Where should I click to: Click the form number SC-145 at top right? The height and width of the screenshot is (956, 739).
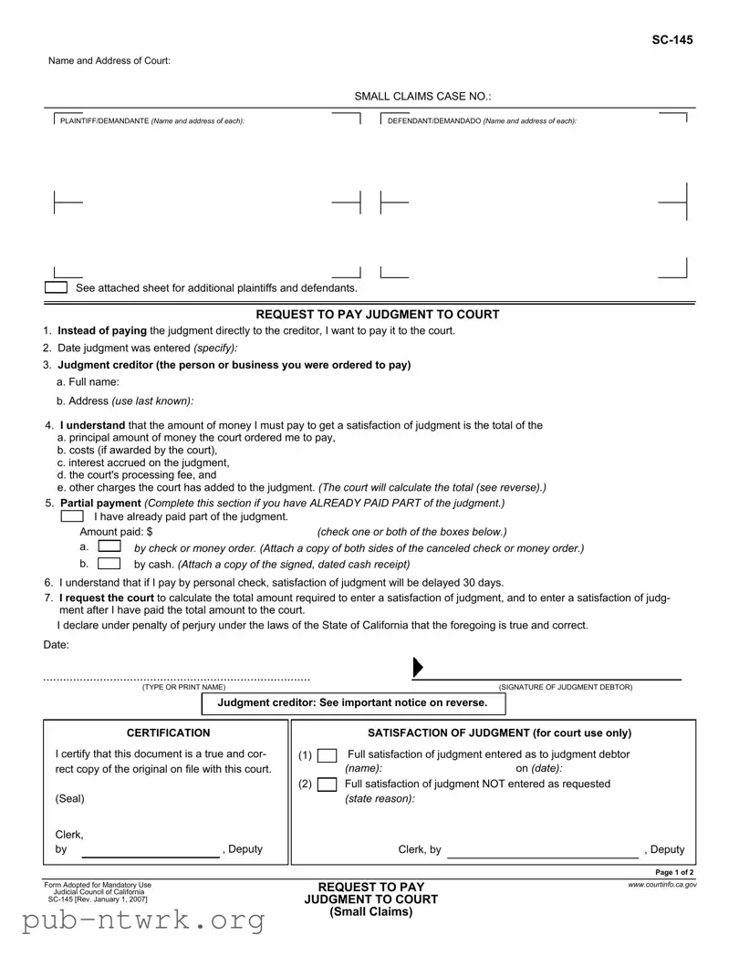point(671,40)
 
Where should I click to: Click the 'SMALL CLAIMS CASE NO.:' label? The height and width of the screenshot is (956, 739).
point(423,96)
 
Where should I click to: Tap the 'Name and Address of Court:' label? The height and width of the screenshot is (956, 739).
point(109,60)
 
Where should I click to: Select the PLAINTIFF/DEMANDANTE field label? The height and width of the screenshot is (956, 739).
point(151,121)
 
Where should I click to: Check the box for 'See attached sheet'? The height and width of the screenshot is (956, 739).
point(57,287)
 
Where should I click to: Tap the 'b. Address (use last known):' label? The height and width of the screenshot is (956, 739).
point(125,400)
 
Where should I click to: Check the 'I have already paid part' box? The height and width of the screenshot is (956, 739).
point(71,517)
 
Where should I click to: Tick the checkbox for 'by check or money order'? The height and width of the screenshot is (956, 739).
point(109,546)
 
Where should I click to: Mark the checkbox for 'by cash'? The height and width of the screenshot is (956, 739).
point(109,563)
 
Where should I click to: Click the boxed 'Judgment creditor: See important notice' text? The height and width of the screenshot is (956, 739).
point(352,702)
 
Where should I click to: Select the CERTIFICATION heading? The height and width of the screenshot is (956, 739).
point(168,733)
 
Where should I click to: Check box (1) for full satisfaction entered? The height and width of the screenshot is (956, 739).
point(327,755)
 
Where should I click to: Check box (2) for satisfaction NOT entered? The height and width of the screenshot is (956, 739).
point(327,785)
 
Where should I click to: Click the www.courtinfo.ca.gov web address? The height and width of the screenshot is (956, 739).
point(661,884)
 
